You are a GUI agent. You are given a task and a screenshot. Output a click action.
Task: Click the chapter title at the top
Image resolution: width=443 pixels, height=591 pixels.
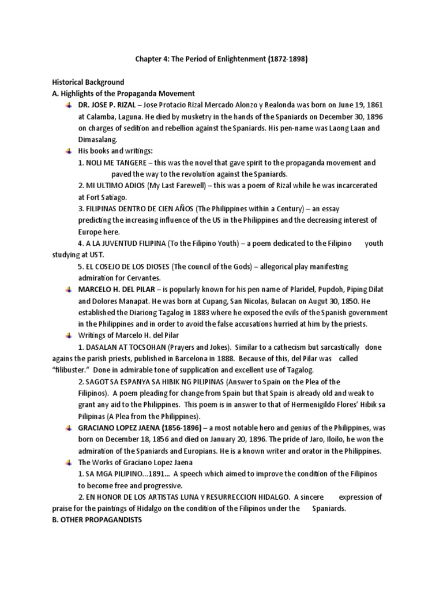coord(221,59)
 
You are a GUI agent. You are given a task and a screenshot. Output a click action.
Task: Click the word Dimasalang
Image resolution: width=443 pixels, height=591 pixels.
coord(97,139)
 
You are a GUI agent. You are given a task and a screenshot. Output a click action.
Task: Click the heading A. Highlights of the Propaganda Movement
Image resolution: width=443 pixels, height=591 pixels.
coord(123,93)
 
